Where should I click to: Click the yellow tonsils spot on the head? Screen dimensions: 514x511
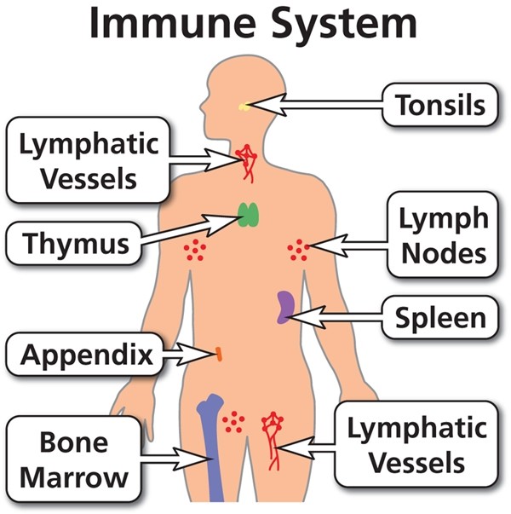[x=244, y=107]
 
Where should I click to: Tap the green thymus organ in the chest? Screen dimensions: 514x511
[x=248, y=215]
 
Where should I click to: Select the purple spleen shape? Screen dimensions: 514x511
[x=285, y=307]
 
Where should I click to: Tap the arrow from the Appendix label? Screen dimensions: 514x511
[x=187, y=350]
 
